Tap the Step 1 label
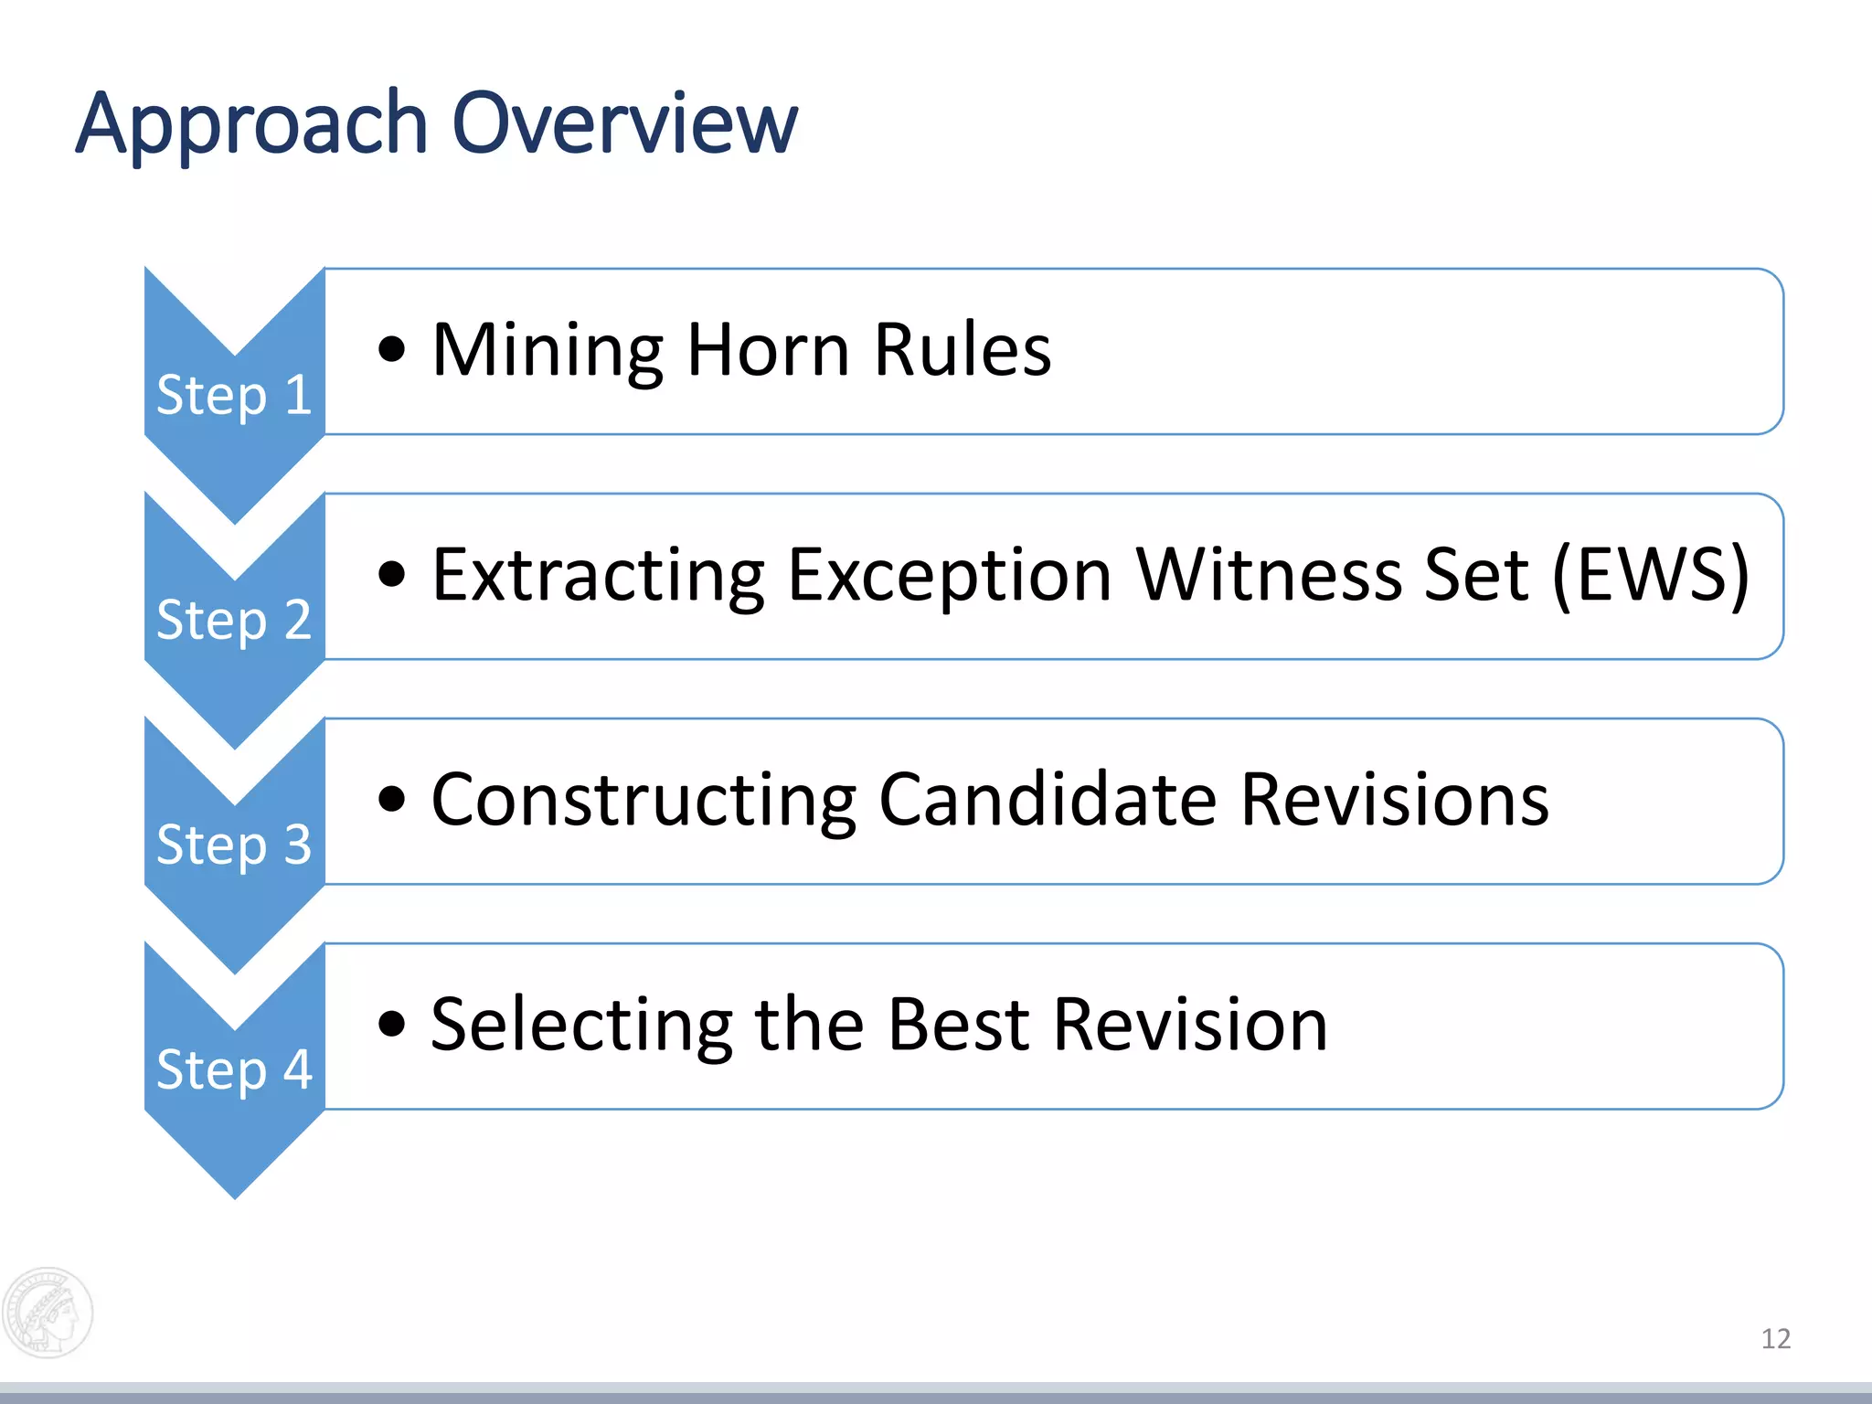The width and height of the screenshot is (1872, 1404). click(234, 395)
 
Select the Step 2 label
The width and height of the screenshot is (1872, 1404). click(234, 620)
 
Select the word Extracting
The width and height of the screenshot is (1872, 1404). click(598, 575)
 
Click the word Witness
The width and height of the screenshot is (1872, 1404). click(1269, 575)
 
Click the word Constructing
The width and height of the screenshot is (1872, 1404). click(643, 800)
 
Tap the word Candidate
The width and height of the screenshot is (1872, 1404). click(1048, 800)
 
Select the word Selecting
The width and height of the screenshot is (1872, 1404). click(582, 1025)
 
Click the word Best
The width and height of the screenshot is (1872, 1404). click(959, 1025)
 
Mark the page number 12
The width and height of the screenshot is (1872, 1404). click(1775, 1339)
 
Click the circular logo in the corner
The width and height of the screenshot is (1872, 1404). click(48, 1313)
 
